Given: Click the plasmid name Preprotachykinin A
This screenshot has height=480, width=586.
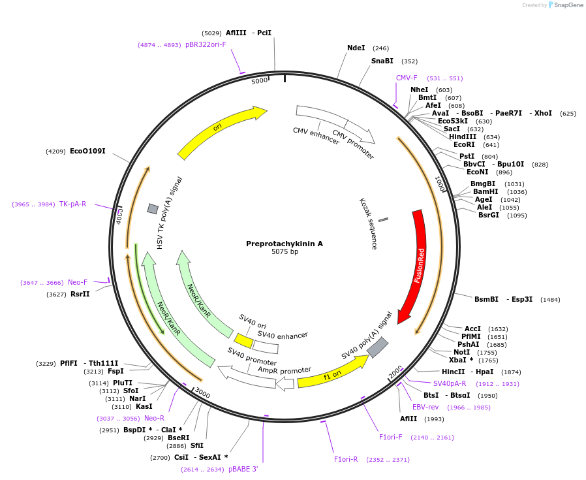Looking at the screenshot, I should [x=284, y=244].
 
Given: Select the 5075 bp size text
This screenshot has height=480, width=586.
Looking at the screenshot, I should [x=285, y=252].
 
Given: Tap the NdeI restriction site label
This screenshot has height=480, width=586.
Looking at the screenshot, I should [x=356, y=48].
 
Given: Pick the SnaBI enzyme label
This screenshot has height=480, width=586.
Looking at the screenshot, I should [x=382, y=61].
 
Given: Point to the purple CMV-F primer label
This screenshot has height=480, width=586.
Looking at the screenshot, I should [x=407, y=78].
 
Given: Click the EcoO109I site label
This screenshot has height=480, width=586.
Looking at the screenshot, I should [x=87, y=151].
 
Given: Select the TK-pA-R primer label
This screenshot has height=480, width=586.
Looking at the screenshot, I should [x=72, y=204].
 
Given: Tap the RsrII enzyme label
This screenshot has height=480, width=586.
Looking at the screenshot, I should [x=81, y=294].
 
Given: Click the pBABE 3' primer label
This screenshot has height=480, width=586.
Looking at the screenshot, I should [x=243, y=469].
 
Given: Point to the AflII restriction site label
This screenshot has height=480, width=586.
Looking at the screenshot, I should [x=409, y=419].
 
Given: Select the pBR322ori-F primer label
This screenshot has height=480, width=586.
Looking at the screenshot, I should [x=206, y=44].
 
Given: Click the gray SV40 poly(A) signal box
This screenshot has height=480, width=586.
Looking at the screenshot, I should [x=378, y=347].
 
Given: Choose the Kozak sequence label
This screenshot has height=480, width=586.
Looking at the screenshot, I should [x=368, y=224].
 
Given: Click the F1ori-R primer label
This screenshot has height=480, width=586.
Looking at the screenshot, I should [x=346, y=459].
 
